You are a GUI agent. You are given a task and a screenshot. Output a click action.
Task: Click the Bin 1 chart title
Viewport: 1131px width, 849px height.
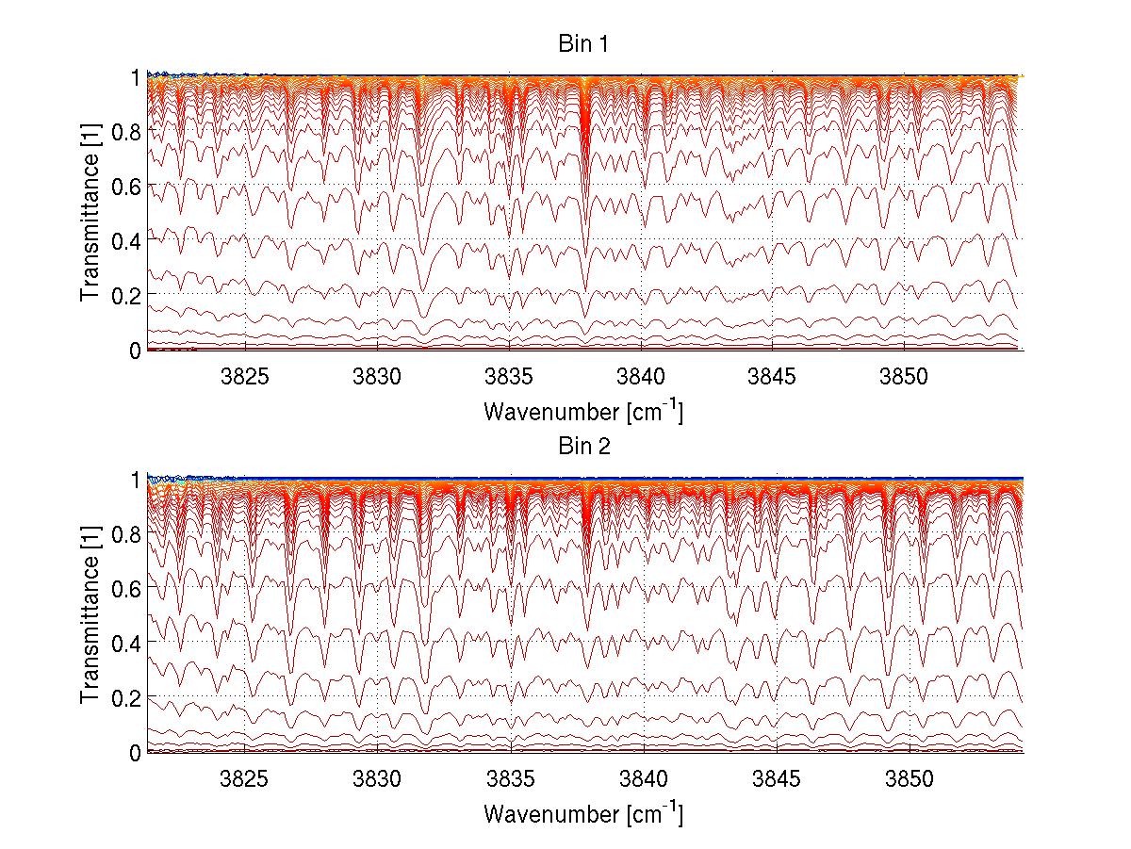point(584,44)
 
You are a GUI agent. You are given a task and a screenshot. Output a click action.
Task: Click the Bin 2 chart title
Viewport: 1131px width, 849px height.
point(584,447)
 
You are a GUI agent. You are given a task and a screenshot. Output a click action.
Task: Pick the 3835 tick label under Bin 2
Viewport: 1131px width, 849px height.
point(511,780)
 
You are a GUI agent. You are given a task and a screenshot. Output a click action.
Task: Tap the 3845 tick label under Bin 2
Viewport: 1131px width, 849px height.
point(777,780)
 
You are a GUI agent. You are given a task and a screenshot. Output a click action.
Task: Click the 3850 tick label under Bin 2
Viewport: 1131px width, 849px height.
point(910,780)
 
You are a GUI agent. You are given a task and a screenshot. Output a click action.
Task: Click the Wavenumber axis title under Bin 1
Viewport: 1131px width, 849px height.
point(583,411)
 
